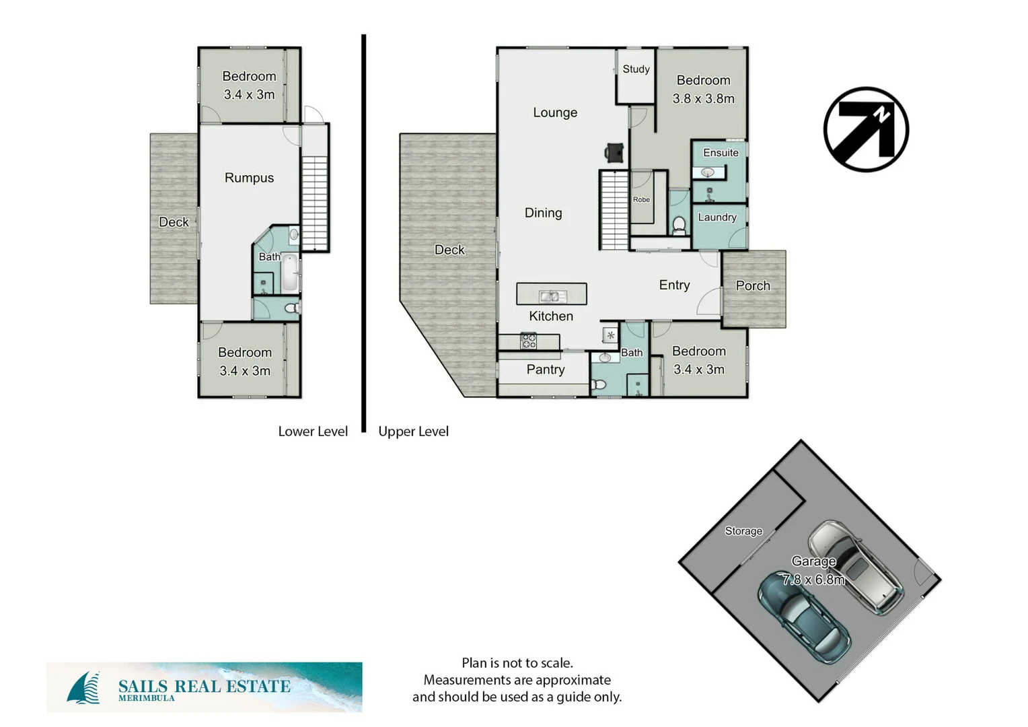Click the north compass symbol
tap(866, 129)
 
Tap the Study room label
tap(636, 69)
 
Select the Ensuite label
tap(721, 153)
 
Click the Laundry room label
tap(717, 217)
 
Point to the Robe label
tap(641, 199)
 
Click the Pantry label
tap(546, 370)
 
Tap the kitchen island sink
tap(552, 296)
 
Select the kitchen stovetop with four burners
tap(528, 341)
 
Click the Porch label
tap(753, 285)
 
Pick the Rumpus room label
tap(249, 178)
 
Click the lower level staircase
tap(314, 203)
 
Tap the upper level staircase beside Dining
tap(614, 210)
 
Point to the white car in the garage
tap(855, 566)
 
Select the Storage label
tap(743, 531)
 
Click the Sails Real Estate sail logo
tap(83, 688)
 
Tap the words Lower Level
tap(313, 431)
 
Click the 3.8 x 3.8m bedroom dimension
tap(703, 98)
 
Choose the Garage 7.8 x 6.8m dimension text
tap(813, 579)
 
